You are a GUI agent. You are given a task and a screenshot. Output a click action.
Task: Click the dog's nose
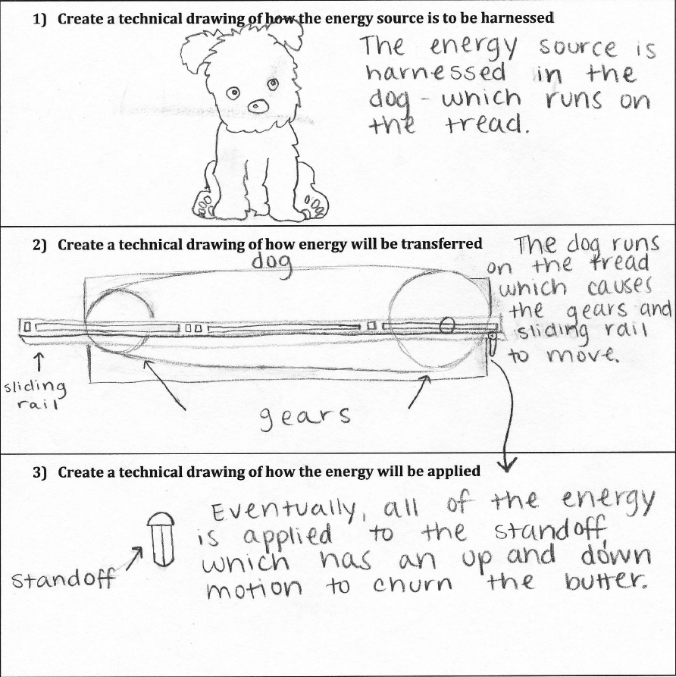click(x=258, y=106)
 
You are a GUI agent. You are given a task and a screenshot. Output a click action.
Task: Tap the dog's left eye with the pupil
click(x=233, y=93)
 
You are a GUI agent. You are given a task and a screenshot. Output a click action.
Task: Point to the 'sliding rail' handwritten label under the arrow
click(x=36, y=395)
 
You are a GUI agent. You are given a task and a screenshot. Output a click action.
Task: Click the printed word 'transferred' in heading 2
click(x=445, y=244)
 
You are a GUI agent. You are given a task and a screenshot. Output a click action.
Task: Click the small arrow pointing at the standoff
click(x=136, y=559)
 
